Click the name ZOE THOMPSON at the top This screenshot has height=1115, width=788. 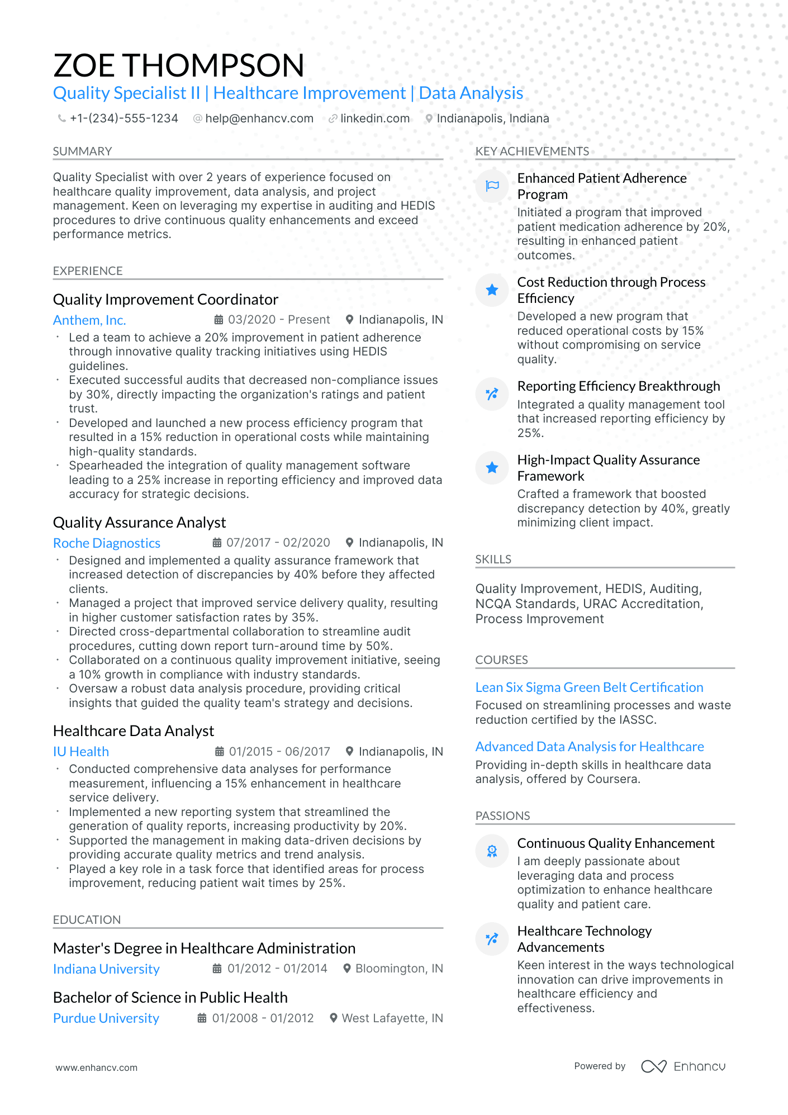click(x=179, y=65)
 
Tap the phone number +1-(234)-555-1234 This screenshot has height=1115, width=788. click(x=124, y=118)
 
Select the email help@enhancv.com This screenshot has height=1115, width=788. click(x=259, y=118)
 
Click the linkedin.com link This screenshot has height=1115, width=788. click(x=374, y=118)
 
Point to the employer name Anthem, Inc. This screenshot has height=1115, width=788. click(x=89, y=320)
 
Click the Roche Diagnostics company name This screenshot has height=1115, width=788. click(x=107, y=543)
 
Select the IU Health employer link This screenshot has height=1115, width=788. click(x=81, y=752)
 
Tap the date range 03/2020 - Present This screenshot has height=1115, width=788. click(x=278, y=320)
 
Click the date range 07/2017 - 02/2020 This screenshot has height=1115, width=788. click(x=278, y=543)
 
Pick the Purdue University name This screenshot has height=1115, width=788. click(x=106, y=1018)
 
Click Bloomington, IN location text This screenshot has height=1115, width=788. click(x=398, y=969)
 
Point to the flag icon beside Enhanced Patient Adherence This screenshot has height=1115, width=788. click(x=492, y=186)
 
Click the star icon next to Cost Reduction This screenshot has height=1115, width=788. click(x=492, y=290)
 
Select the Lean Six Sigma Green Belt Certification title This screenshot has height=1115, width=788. click(x=589, y=687)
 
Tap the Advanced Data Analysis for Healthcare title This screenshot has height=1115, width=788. click(x=590, y=747)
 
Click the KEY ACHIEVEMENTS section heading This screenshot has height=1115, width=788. click(x=532, y=151)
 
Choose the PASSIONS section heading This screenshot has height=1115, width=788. click(x=502, y=816)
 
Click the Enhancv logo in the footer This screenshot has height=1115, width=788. click(x=683, y=1066)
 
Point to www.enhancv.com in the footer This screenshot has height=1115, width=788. click(x=96, y=1067)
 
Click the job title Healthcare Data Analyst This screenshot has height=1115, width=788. click(x=134, y=731)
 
